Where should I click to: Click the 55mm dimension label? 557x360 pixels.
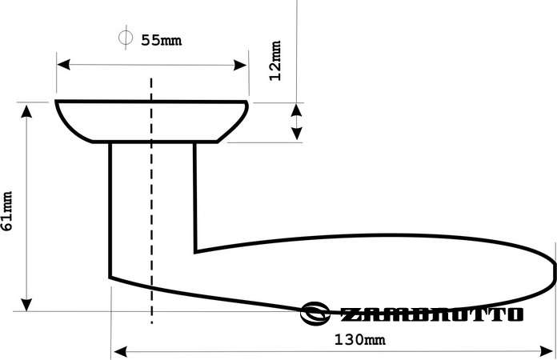coord(162,40)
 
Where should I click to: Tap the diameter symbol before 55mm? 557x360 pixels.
coord(126,38)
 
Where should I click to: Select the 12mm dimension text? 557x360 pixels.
coord(276,61)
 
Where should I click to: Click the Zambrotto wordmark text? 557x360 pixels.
coord(432,314)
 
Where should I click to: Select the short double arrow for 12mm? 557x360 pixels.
coord(296,122)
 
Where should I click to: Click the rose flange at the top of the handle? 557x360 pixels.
coord(151,121)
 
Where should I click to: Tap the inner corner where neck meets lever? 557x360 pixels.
coord(196,250)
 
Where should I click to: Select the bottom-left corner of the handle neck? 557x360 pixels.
coord(110,278)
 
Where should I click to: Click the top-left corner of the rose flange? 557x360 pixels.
coord(56,102)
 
